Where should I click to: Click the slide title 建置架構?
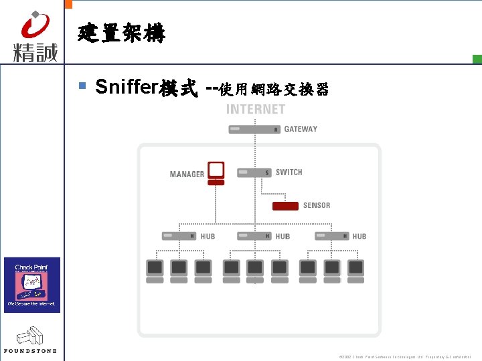tap(121, 33)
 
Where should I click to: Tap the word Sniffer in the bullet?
tap(126, 87)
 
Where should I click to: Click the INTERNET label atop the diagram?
tap(256, 110)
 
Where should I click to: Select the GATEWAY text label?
tap(301, 129)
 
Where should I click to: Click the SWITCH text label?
tap(289, 172)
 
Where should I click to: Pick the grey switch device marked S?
tap(254, 172)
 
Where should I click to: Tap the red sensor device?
tap(285, 205)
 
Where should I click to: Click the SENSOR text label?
tap(317, 205)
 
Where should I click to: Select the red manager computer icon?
tap(216, 172)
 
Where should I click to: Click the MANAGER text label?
tap(187, 174)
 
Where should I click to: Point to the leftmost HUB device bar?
tap(179, 236)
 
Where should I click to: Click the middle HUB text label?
tap(283, 236)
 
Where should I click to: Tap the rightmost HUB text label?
tap(359, 236)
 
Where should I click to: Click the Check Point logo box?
tap(32, 284)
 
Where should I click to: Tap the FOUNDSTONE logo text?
tap(31, 350)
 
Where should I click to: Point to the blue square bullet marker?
tap(82, 86)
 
